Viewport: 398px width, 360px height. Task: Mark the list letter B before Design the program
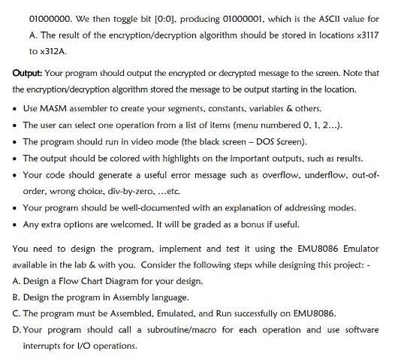pos(17,298)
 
